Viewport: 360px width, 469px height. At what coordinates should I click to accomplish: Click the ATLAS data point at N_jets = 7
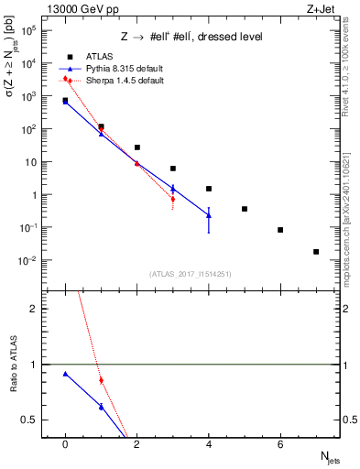(x=316, y=251)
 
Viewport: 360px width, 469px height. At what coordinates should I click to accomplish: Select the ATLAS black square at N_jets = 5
(x=245, y=209)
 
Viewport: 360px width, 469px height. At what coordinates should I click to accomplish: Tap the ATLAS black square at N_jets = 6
(x=280, y=230)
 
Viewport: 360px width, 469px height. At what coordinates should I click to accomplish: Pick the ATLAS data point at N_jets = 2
(x=136, y=147)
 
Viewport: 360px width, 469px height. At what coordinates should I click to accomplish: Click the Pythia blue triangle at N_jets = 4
(x=209, y=215)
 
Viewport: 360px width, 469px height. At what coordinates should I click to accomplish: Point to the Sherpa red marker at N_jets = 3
(x=172, y=199)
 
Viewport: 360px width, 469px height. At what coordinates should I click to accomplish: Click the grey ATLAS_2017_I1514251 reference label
(x=191, y=273)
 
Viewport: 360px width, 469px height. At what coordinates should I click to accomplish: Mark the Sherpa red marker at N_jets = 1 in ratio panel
(x=101, y=380)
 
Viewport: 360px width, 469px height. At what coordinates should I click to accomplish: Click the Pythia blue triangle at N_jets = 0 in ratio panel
(x=65, y=374)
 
